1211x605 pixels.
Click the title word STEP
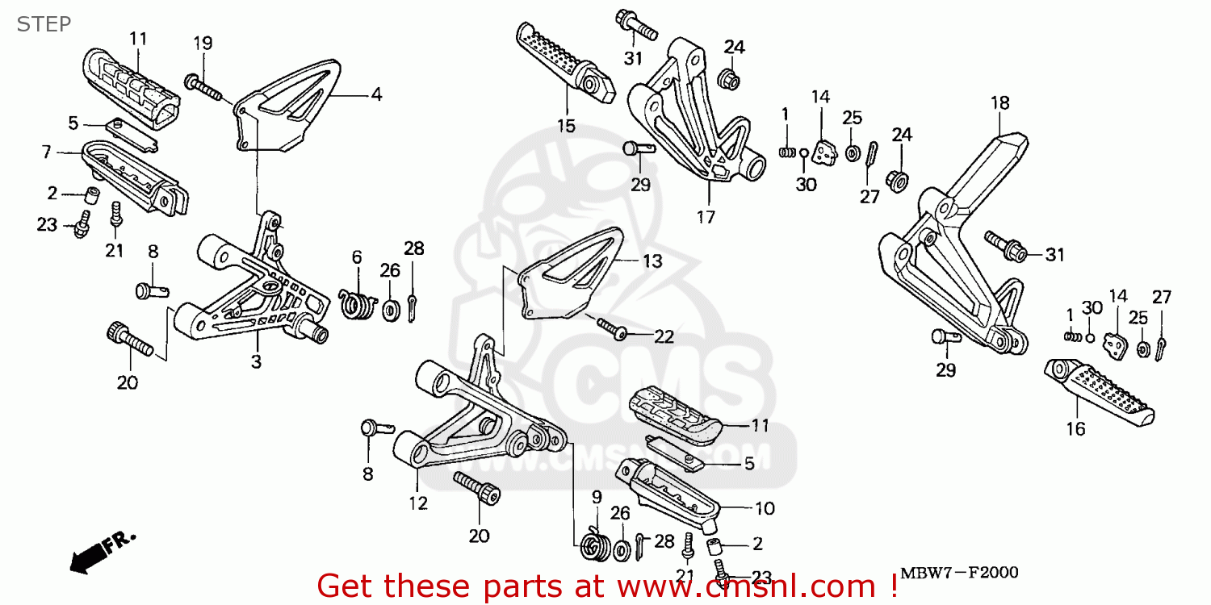44,23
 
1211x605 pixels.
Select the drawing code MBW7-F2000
958,573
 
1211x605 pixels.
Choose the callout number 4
376,94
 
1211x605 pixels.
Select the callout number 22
664,337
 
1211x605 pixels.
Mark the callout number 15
565,125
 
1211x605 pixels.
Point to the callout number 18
999,102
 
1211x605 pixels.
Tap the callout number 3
256,362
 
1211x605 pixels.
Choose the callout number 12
417,503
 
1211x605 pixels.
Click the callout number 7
46,152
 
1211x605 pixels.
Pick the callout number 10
764,508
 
